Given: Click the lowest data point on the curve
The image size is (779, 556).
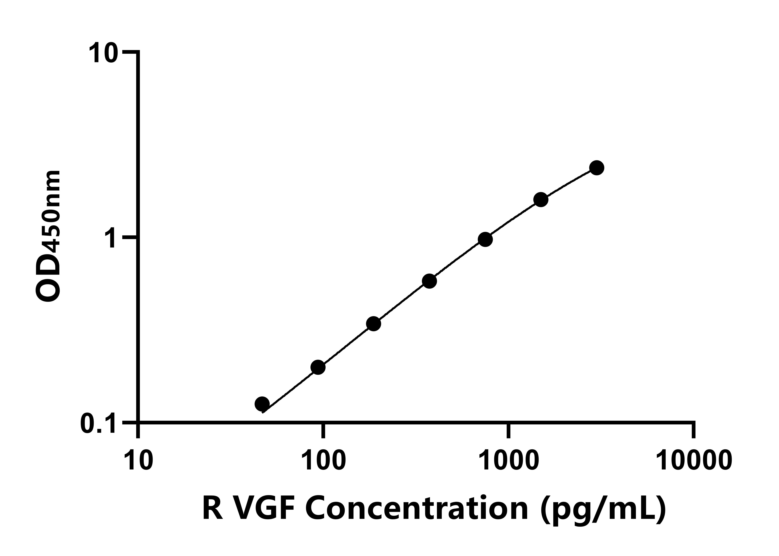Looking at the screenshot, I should pyautogui.click(x=262, y=404).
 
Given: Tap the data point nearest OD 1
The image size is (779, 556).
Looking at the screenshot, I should pyautogui.click(x=485, y=239).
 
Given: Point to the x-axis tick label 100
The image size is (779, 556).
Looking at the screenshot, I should pyautogui.click(x=323, y=461).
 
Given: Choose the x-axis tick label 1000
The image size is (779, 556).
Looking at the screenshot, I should pyautogui.click(x=509, y=461).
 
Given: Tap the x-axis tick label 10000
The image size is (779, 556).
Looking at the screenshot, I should pyautogui.click(x=694, y=461).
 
